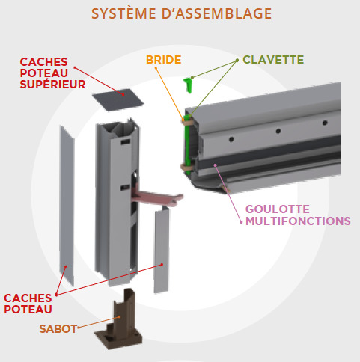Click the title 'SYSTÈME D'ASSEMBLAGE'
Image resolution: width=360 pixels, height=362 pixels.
(181, 13)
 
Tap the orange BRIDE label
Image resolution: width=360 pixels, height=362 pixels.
(164, 60)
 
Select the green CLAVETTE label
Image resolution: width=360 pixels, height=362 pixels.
(273, 60)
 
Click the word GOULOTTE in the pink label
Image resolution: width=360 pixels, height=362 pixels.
(278, 209)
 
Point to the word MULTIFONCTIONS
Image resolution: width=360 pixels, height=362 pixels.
(298, 221)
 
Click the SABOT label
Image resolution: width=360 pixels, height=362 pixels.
(58, 329)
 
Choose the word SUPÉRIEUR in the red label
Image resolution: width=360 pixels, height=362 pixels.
(52, 85)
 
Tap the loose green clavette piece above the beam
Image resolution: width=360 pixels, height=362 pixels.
(189, 85)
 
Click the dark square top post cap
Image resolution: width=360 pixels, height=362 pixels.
(118, 100)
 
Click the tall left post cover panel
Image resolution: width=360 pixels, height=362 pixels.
(67, 205)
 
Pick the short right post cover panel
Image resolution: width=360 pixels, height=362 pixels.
(162, 249)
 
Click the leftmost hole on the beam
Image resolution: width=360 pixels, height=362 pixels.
(231, 139)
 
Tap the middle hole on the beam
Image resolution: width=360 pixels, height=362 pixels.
(278, 131)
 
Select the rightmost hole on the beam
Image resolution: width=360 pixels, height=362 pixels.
(325, 123)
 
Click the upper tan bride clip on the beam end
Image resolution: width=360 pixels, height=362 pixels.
(188, 122)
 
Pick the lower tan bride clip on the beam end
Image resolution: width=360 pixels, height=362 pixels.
(187, 167)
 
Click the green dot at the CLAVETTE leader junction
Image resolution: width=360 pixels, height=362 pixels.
(237, 61)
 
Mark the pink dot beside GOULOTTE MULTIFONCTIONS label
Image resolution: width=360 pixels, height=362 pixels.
(241, 222)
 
